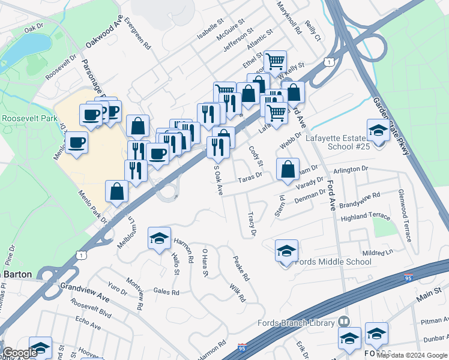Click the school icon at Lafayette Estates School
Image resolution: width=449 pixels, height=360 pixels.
[378, 130]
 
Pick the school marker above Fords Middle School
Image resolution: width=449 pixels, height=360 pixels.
[287, 250]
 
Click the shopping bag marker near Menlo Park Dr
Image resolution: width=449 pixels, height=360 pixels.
[117, 192]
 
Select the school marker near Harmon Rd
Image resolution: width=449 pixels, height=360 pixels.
[160, 238]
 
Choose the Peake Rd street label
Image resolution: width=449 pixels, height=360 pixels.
[241, 269]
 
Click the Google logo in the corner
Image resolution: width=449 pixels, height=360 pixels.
[20, 353]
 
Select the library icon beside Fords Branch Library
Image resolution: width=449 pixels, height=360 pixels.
[344, 323]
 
